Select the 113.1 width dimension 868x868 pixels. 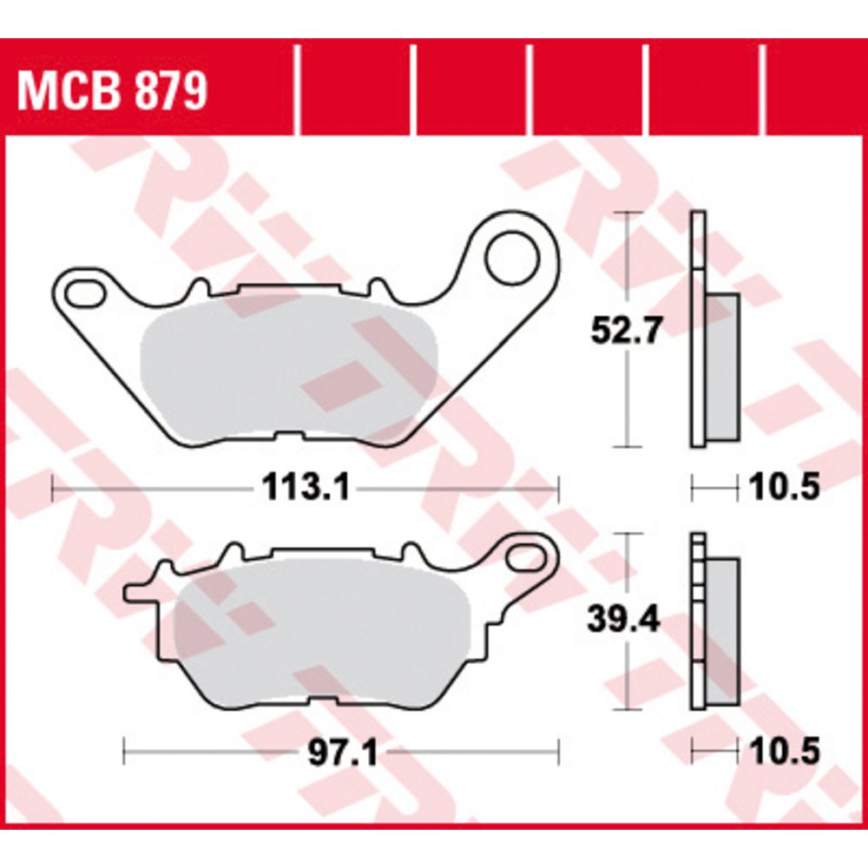306,488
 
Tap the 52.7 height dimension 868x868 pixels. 626,331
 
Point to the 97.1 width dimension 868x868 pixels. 343,753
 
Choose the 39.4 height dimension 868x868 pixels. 623,620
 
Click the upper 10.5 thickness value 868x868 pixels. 784,487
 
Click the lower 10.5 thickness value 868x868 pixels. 784,751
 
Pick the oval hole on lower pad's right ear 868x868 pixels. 526,556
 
